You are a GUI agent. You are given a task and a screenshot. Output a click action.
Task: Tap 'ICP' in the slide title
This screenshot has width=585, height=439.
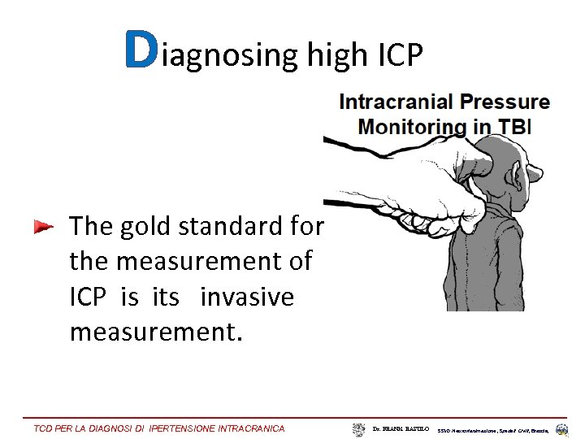coord(401,54)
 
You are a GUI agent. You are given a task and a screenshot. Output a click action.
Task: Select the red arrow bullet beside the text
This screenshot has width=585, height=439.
coord(43,227)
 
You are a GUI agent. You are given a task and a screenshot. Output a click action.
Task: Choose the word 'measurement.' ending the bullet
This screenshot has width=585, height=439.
coord(156,333)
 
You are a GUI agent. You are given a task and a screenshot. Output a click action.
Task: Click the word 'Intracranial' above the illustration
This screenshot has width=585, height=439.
coord(396,102)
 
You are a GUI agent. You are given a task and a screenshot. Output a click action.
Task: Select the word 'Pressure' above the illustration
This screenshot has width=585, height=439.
coord(505,102)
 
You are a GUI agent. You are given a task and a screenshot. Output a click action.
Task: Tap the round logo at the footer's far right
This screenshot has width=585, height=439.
coord(562,428)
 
